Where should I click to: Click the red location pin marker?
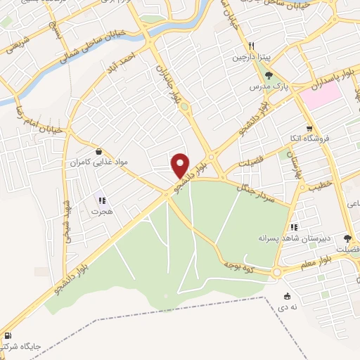[x=181, y=165]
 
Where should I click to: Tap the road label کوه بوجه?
[x=238, y=264]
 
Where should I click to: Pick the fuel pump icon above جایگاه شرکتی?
[x=7, y=336]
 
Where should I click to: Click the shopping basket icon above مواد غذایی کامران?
[x=98, y=151]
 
